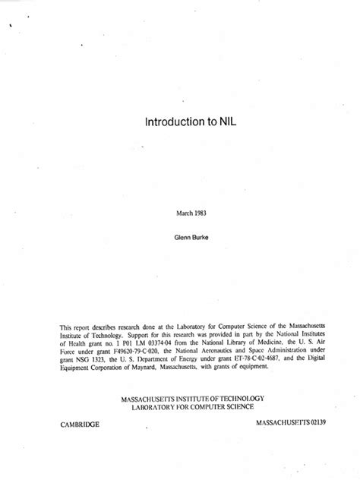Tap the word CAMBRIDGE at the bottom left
pos(80,423)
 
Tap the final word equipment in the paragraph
pos(253,365)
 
